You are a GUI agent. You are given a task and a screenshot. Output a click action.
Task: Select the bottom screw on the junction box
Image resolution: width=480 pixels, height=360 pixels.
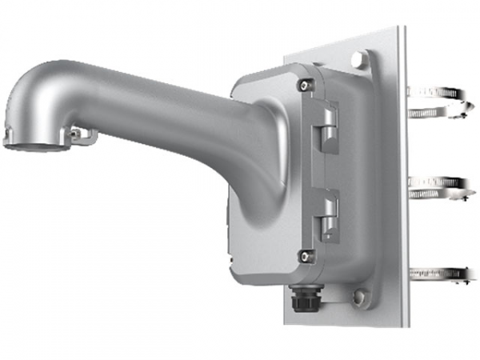tap(303, 255)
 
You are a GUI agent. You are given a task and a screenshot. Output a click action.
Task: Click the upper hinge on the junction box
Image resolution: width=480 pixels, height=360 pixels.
tap(326, 129)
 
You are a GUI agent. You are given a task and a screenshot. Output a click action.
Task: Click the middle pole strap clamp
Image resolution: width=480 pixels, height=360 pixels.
tap(437, 186)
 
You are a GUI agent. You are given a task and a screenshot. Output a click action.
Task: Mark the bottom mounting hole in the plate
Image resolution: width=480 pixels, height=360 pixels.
tap(360, 298)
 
